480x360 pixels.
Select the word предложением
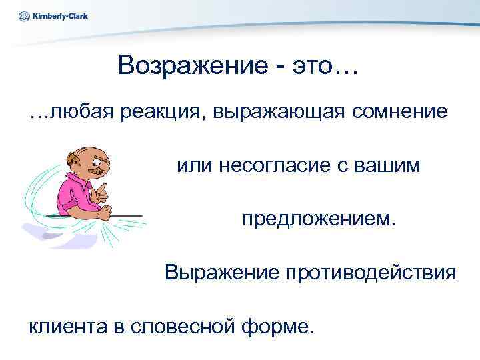tap(319, 218)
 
